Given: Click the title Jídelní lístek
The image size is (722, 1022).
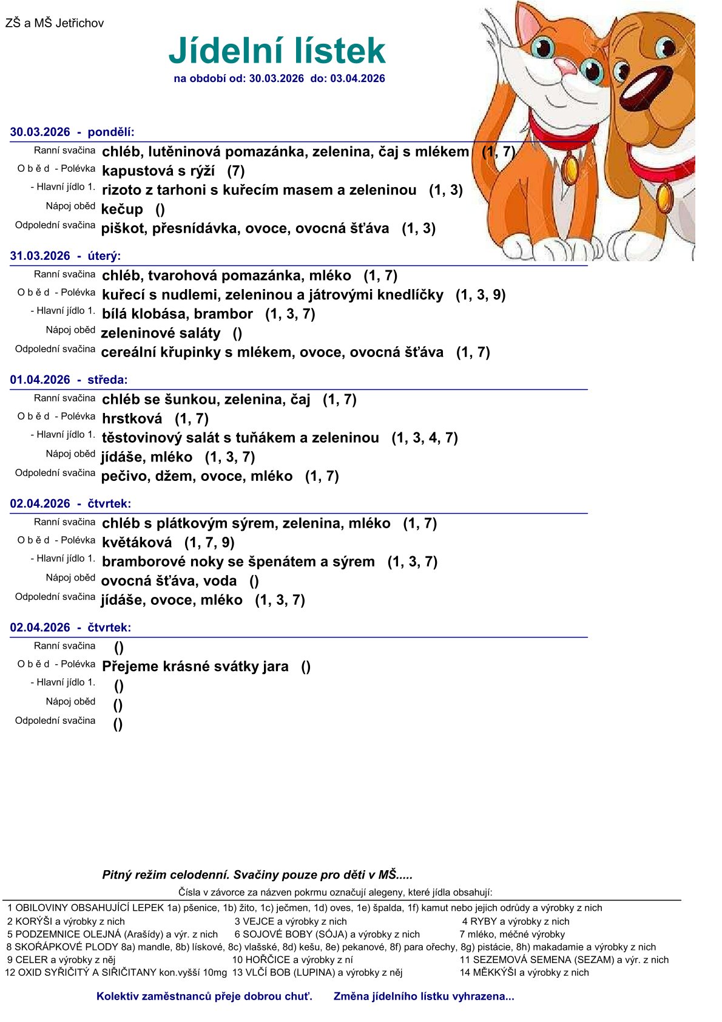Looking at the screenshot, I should click(x=277, y=50).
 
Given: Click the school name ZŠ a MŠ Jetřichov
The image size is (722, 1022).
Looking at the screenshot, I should click(x=55, y=24).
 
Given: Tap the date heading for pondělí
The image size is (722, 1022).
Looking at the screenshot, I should click(x=72, y=132).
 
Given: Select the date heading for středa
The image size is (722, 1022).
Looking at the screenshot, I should click(x=69, y=380).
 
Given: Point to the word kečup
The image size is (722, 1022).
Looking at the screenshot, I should click(x=122, y=210).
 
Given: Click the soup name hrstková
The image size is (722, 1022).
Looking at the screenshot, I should click(x=132, y=419).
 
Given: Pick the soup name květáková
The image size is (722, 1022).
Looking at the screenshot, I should click(x=137, y=543).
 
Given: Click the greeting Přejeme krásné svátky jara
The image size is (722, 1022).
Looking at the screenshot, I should click(x=195, y=667).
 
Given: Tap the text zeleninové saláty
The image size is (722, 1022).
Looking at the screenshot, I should click(x=161, y=333).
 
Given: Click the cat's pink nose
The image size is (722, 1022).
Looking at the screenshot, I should click(x=565, y=65).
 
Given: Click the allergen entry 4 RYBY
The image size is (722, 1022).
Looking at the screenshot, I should click(x=516, y=922).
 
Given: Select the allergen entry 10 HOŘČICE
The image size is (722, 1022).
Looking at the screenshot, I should click(x=292, y=960).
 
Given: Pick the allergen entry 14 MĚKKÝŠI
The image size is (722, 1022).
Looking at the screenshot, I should click(x=524, y=973).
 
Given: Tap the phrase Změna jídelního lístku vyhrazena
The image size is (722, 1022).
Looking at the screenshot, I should click(x=423, y=996).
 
